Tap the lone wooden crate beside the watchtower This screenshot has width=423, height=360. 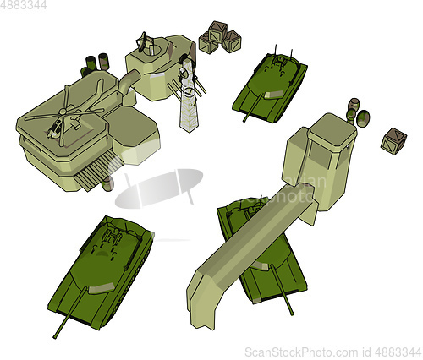click(393, 141)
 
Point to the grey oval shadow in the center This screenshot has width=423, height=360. click(159, 188)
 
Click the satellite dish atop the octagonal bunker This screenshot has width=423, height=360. click(142, 41)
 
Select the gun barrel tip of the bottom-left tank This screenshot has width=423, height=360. click(55, 336)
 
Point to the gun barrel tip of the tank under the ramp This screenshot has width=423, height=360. click(292, 314)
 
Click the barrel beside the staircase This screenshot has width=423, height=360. click(107, 184)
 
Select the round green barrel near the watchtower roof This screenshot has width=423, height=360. click(363, 118)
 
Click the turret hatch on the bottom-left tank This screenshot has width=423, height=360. click(113, 237)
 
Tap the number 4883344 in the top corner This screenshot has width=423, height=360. click(23, 5)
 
